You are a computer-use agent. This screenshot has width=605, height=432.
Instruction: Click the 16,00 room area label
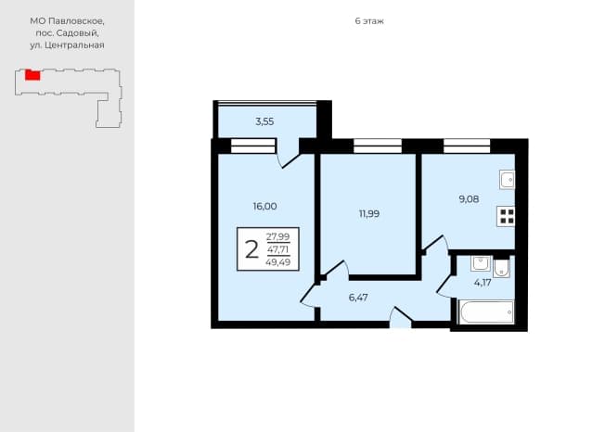pos(264,207)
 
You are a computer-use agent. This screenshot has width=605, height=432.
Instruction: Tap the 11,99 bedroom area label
pos(369,214)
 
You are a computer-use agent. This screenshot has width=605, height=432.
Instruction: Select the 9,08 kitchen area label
pos(469,199)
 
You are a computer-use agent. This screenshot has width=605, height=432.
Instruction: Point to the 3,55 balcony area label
pos(264,121)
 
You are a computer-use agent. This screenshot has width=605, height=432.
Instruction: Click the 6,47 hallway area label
pos(358,298)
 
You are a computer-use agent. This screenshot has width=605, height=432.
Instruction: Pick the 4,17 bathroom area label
pos(483,283)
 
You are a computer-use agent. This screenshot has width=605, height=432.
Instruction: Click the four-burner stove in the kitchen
pos(506,216)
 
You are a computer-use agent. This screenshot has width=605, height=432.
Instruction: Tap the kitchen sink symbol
pos(507,180)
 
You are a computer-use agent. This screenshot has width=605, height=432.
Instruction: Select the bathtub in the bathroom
pos(486,311)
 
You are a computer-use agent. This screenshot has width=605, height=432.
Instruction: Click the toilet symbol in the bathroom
pos(501,268)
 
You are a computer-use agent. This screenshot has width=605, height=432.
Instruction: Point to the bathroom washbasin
pos(481,264)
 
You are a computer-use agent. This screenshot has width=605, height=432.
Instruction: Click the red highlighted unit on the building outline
pos(32,75)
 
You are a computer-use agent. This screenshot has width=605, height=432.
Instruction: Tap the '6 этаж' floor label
pos(369,21)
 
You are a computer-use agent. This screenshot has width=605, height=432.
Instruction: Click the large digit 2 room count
pos(251,249)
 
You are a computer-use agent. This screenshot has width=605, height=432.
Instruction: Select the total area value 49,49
pos(277,262)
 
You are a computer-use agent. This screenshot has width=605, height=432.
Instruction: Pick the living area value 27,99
pos(277,236)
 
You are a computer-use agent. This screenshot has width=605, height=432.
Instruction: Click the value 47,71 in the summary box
pos(277,249)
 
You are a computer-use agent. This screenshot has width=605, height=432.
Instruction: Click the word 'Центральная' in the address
pos(74,45)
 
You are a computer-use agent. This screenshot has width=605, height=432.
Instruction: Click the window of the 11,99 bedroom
pos(378,146)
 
